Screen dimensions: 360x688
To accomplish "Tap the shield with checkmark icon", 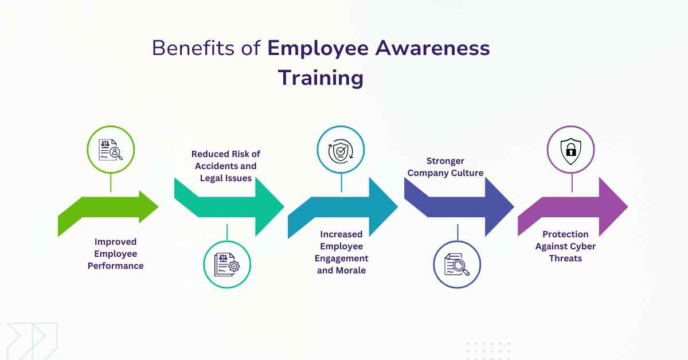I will pos(341,150).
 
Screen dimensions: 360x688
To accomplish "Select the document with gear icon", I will pos(227,265).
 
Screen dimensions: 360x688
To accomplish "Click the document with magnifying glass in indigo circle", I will pos(457,264).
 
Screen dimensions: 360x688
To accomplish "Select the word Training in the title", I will pos(320,78).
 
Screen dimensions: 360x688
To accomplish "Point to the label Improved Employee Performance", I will pos(115,254).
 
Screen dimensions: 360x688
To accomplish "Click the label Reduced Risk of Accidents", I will pos(225,166).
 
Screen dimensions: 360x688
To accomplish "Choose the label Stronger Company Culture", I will pos(445,167).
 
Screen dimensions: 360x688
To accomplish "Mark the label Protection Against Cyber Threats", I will pos(565,246).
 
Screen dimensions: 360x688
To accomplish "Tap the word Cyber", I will pos(583,246).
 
